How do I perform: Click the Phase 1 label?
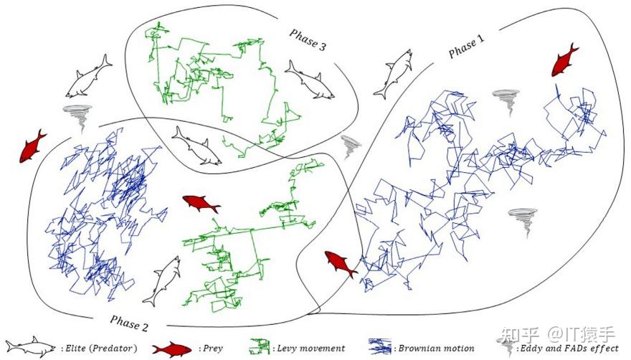466,47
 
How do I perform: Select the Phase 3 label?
308,39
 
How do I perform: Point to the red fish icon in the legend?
171,349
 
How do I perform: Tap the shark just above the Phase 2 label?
162,283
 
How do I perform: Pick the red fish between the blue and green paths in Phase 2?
201,203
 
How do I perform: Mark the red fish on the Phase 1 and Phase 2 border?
341,264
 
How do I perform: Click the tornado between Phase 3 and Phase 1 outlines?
351,146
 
